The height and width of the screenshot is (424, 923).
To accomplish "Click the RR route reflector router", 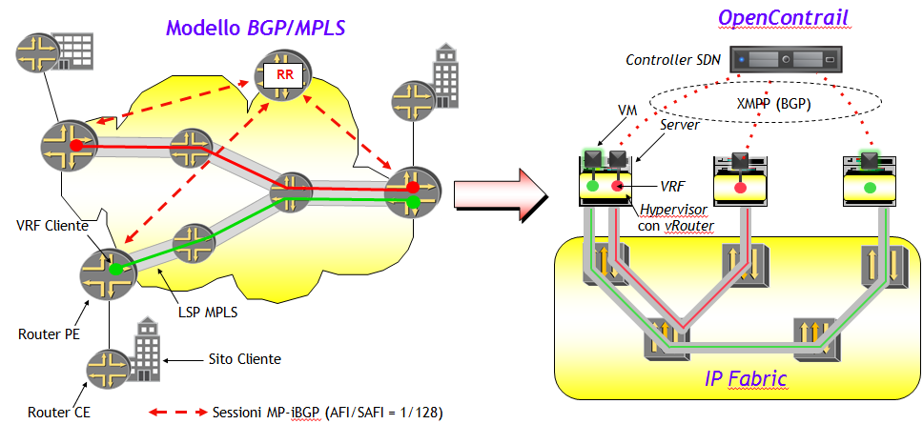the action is (x=282, y=74).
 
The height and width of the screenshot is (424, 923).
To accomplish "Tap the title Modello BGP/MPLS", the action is (x=256, y=27).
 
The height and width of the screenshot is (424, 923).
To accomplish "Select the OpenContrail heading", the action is (x=784, y=18).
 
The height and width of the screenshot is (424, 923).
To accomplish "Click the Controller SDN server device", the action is (x=786, y=60).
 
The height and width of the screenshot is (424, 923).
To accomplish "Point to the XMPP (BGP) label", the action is (x=774, y=104).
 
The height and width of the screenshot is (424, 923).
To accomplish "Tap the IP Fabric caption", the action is (x=746, y=378).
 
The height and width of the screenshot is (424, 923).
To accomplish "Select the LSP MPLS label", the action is (x=207, y=313).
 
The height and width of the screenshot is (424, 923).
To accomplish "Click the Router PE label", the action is (x=49, y=334).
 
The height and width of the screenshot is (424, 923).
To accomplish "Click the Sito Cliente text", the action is (x=244, y=358).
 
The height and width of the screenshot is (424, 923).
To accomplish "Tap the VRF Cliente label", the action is (x=52, y=225).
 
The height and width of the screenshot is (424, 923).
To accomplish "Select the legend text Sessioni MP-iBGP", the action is (x=268, y=412).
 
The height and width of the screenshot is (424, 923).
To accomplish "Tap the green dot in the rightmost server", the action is (x=869, y=189).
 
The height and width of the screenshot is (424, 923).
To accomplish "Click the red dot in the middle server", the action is (x=739, y=189).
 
